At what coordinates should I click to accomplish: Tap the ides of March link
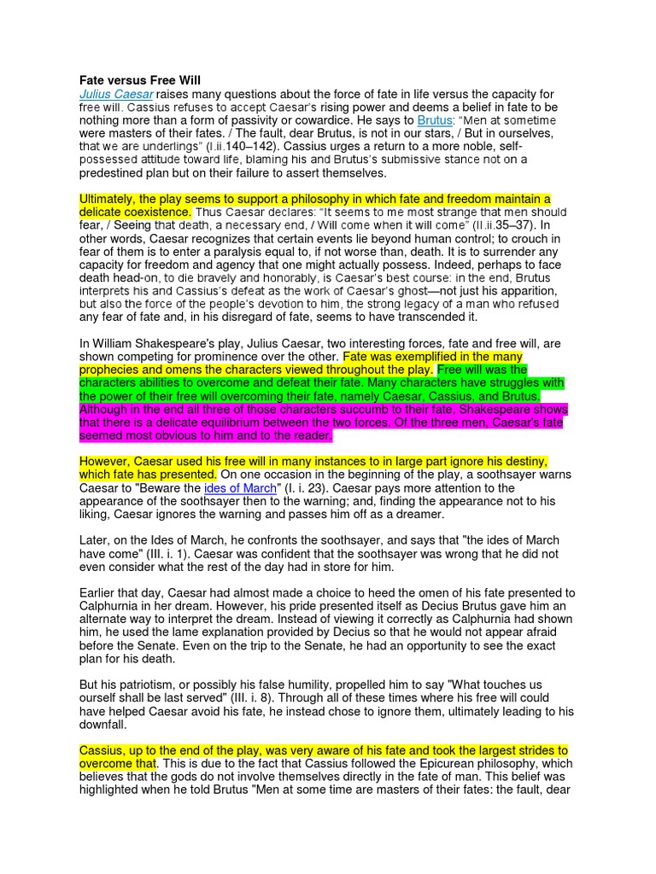(x=241, y=487)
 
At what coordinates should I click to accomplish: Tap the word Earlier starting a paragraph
(x=101, y=592)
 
